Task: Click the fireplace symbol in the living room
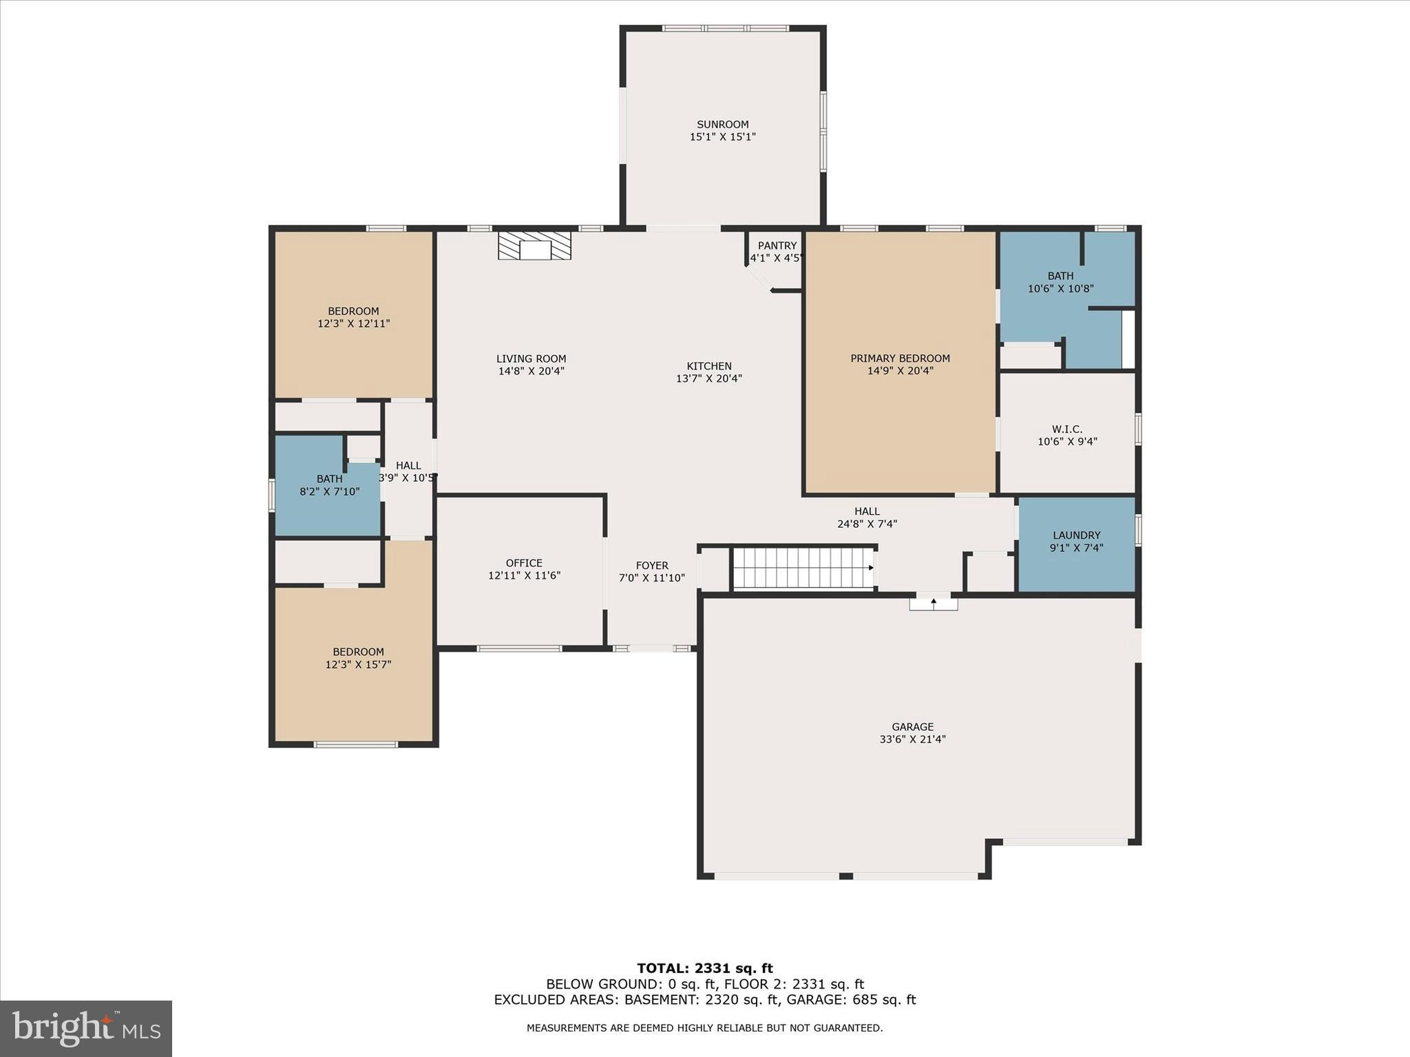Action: (x=535, y=246)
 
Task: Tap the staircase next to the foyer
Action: (x=803, y=568)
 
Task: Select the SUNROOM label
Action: (x=722, y=125)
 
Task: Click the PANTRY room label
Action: (x=777, y=246)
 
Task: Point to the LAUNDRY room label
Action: (x=1076, y=535)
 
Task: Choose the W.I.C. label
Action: (x=1067, y=429)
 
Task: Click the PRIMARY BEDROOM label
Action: (x=900, y=359)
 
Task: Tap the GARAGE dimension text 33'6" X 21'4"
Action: (x=912, y=739)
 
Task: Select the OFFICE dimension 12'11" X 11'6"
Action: (x=524, y=575)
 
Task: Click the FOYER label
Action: (x=651, y=566)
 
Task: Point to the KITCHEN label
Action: (x=708, y=366)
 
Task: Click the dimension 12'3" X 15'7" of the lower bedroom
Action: (x=358, y=664)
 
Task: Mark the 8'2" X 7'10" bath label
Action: (x=329, y=491)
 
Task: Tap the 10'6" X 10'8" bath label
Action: (x=1060, y=288)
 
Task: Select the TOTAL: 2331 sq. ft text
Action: (x=704, y=968)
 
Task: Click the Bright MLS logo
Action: (x=86, y=1028)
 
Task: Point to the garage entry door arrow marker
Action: (x=934, y=602)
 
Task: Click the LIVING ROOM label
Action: (x=531, y=359)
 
